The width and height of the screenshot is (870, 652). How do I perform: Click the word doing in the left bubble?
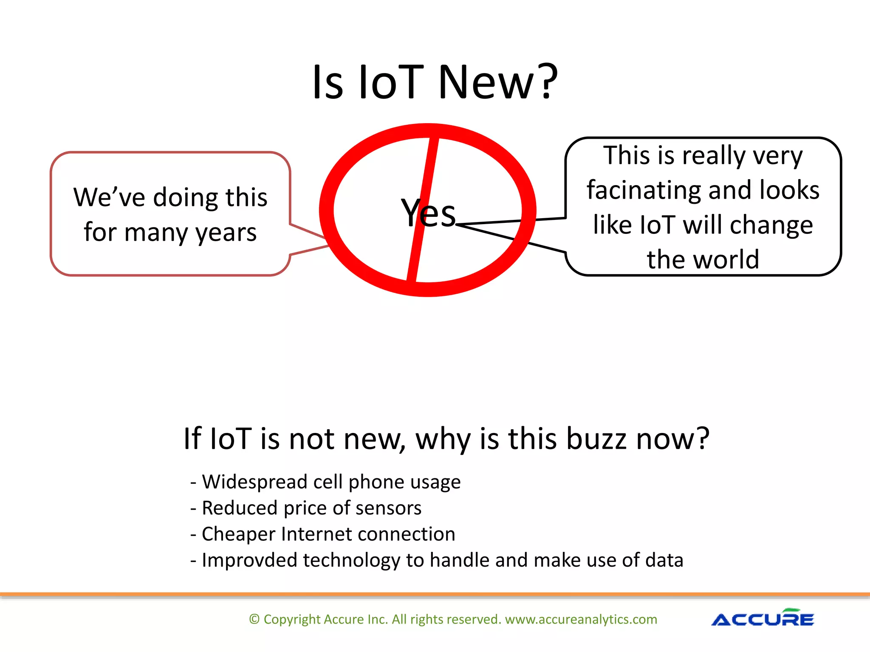pyautogui.click(x=185, y=198)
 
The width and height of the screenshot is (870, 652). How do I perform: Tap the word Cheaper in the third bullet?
pyautogui.click(x=238, y=534)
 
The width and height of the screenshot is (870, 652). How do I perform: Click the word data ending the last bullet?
pyautogui.click(x=664, y=560)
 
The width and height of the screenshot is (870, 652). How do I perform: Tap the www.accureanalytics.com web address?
pyautogui.click(x=581, y=619)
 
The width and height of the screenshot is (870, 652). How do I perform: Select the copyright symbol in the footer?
pyautogui.click(x=254, y=619)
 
